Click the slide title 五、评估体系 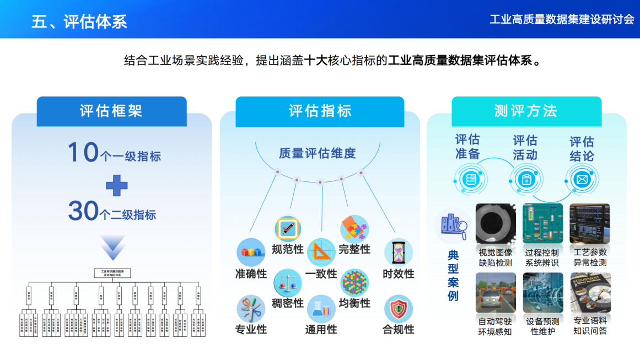79,21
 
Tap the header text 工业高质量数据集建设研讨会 562,19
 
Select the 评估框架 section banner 111,111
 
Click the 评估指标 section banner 320,111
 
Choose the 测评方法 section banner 526,111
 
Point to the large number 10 83,153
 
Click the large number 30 83,211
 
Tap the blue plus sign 116,185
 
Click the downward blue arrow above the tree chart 113,248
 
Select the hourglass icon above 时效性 398,252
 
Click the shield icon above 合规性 398,309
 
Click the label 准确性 251,274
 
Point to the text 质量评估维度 317,153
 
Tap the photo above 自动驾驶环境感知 496,293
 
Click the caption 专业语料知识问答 590,326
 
